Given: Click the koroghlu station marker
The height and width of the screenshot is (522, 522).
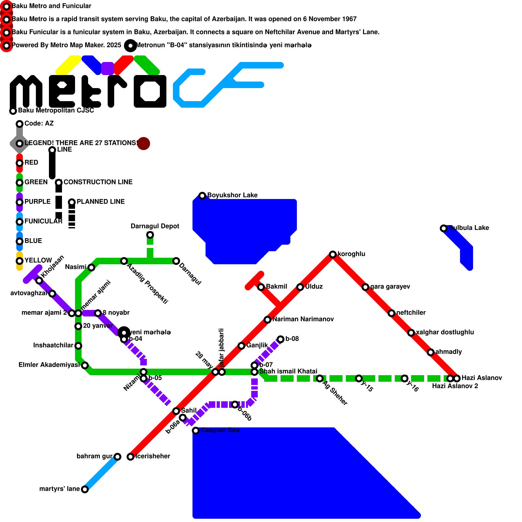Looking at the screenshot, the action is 332,254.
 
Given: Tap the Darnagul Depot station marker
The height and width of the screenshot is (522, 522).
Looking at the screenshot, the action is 150,235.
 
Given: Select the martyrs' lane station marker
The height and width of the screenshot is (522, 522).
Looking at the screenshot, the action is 84,489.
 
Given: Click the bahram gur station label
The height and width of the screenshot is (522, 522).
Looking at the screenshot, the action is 94,456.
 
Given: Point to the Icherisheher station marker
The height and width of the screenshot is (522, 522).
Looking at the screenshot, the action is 130,457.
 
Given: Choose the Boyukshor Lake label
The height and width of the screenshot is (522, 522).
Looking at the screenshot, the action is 232,195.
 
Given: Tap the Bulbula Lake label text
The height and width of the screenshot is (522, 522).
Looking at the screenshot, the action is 468,228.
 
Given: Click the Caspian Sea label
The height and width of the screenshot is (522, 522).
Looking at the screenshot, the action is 220,430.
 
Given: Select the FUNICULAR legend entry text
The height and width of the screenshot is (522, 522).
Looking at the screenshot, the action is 43,221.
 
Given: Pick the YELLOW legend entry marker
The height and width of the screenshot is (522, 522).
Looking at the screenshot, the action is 20,261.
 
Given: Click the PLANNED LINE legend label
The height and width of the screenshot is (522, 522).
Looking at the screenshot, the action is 100,202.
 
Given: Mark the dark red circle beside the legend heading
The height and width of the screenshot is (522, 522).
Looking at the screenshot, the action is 144,144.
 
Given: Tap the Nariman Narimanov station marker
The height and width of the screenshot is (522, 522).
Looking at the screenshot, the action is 267,320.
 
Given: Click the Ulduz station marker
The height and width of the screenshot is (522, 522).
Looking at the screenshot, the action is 300,287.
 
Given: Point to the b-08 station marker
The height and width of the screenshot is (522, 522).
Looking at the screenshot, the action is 281,339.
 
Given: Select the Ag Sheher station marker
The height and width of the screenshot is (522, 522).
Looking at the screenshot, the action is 319,378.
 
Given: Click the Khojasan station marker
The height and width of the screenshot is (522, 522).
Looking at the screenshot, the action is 39,281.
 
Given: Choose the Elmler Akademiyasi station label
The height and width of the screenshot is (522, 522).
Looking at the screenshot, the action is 49,365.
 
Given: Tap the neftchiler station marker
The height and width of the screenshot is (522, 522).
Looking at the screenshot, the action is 391,313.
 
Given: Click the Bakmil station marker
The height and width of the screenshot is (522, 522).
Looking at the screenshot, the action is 261,287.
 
